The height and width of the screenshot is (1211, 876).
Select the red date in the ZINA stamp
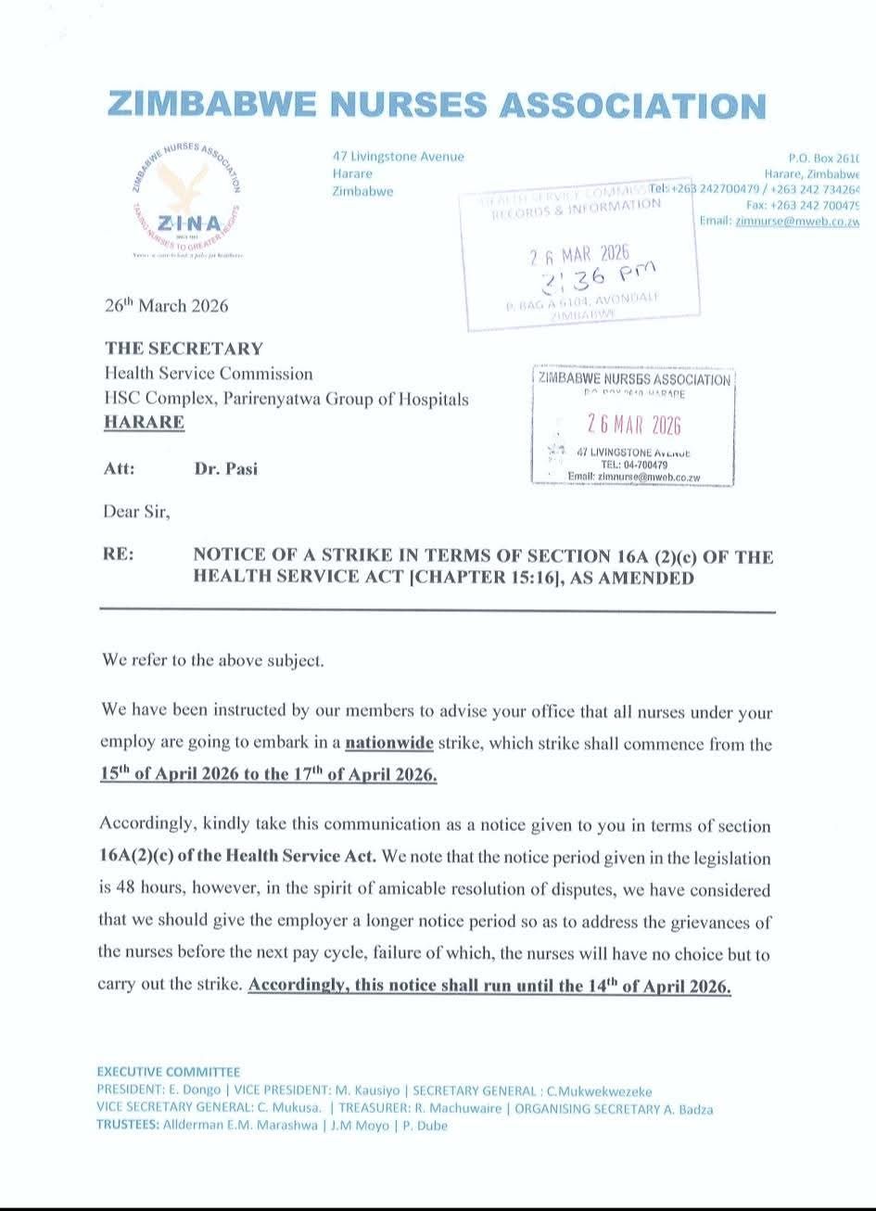pyautogui.click(x=634, y=425)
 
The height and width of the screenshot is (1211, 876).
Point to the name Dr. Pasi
pyautogui.click(x=226, y=468)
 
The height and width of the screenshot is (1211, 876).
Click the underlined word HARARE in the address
pyautogui.click(x=144, y=422)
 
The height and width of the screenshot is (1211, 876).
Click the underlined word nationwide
pyautogui.click(x=389, y=743)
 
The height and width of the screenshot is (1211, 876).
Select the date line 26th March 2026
pyautogui.click(x=166, y=305)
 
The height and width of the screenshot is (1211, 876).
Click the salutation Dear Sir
pyautogui.click(x=136, y=511)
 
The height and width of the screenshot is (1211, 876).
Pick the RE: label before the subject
pyautogui.click(x=119, y=555)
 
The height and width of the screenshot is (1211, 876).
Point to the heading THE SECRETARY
pyautogui.click(x=184, y=349)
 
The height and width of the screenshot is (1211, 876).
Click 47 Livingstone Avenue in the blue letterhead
pyautogui.click(x=399, y=157)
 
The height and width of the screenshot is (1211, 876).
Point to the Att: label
pyautogui.click(x=120, y=468)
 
